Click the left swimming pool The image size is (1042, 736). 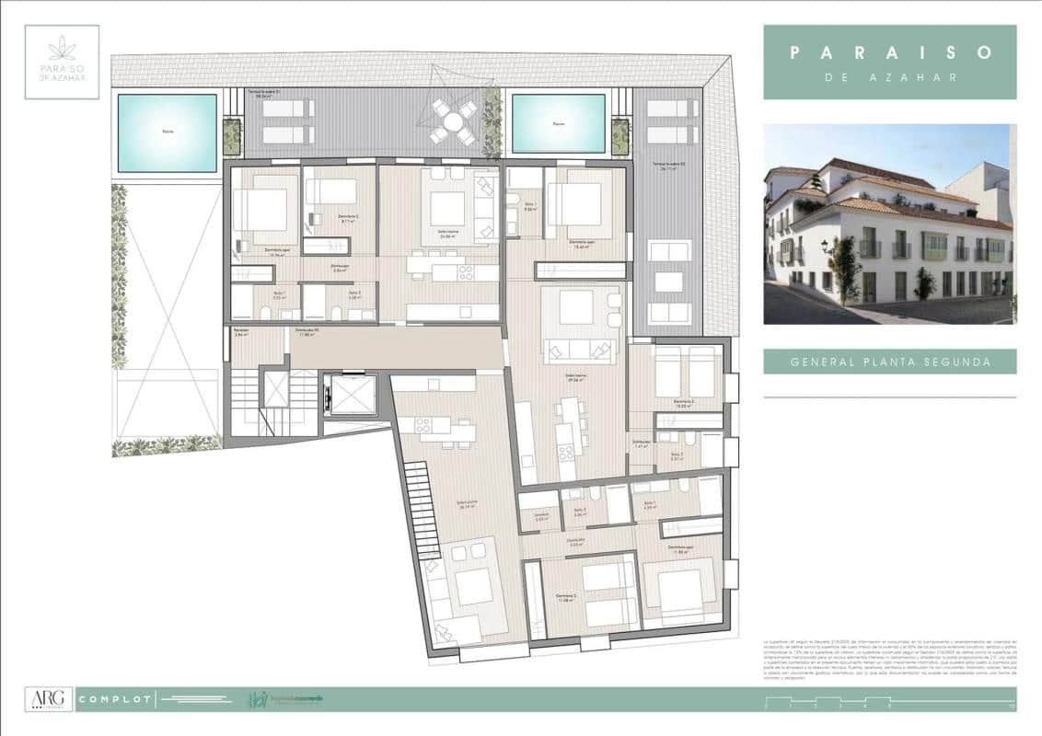(x=167, y=133)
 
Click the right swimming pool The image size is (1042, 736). (x=559, y=123)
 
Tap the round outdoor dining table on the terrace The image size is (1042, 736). (x=452, y=121)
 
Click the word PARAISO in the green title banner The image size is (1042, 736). (x=889, y=52)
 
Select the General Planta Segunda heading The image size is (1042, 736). (x=890, y=362)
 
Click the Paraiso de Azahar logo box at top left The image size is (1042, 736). (x=63, y=62)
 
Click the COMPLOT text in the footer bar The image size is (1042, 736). (x=114, y=700)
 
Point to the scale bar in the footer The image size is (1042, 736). (x=888, y=706)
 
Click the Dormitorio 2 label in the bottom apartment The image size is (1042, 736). (x=565, y=597)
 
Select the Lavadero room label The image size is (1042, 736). (x=541, y=515)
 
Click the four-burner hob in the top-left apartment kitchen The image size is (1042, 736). (x=465, y=272)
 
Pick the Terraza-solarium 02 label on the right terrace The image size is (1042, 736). (x=666, y=164)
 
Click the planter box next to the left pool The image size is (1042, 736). (x=231, y=137)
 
